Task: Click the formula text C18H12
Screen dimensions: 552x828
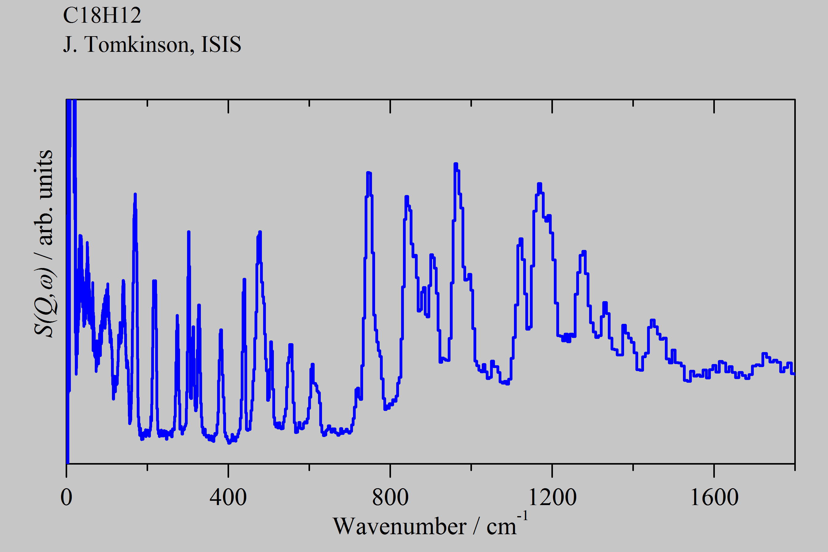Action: (x=102, y=16)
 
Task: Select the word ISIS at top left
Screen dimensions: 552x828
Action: (x=221, y=45)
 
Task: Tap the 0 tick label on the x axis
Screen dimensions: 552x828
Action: (x=67, y=497)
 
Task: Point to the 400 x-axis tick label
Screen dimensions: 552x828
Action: (x=228, y=497)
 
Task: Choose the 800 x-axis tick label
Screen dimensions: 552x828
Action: (x=390, y=497)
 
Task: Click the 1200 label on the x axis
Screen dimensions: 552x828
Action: (x=552, y=497)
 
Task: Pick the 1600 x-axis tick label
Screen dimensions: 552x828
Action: (x=714, y=497)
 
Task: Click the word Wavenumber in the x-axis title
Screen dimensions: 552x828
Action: (x=400, y=527)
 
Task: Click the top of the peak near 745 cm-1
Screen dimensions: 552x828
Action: (x=368, y=173)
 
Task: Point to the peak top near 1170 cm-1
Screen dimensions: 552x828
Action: (x=539, y=184)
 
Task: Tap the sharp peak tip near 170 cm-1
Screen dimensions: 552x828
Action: (x=135, y=194)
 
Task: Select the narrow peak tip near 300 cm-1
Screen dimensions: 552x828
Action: (x=189, y=232)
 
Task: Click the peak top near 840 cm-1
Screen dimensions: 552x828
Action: (x=407, y=197)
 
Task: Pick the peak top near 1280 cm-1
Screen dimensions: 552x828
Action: (x=585, y=252)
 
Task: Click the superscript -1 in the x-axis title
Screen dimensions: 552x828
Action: (x=523, y=516)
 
